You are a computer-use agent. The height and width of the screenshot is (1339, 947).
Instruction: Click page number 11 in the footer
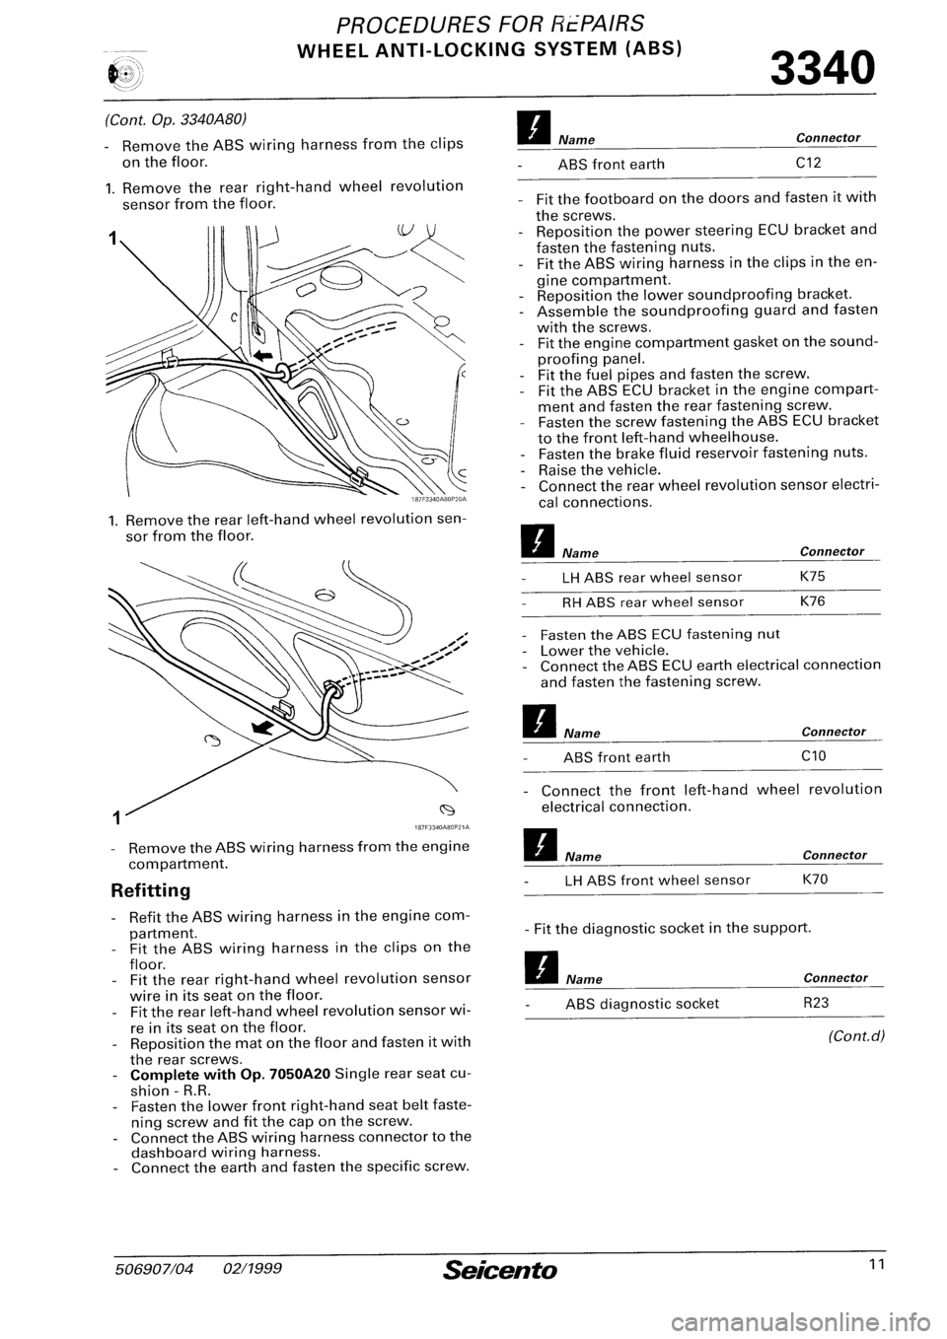(864, 1268)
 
